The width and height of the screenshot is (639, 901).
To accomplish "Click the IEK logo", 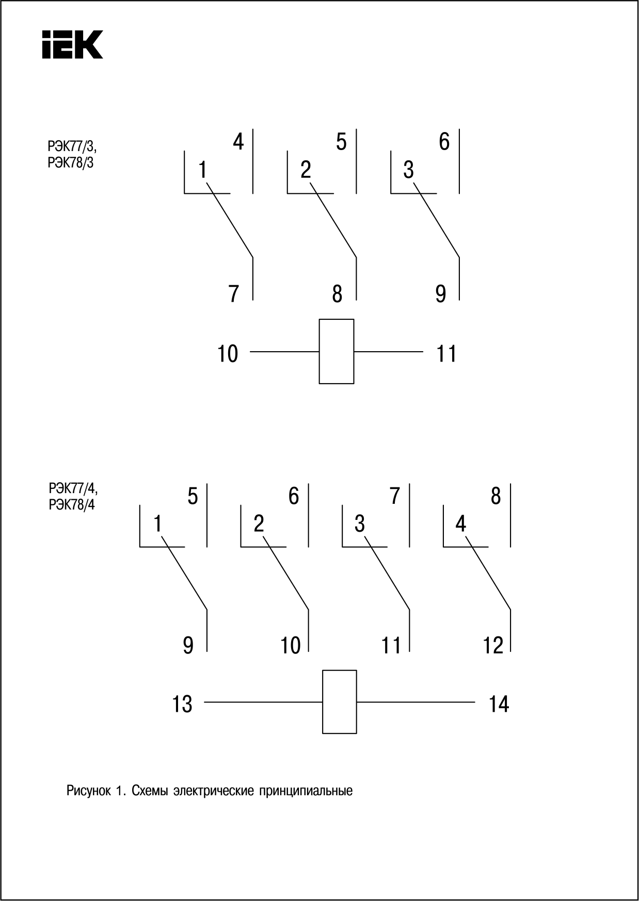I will click(x=72, y=44).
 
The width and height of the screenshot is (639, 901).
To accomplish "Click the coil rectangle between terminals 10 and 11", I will click(x=336, y=351).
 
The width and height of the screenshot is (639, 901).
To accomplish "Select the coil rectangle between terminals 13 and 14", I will click(x=339, y=701).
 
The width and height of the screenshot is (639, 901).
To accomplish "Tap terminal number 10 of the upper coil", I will click(x=227, y=354).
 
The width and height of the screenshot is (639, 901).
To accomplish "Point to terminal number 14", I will click(x=499, y=704).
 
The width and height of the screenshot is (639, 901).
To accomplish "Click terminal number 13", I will click(x=182, y=704).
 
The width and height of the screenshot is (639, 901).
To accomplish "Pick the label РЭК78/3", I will click(x=71, y=163).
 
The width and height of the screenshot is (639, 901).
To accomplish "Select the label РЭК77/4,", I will click(x=73, y=488).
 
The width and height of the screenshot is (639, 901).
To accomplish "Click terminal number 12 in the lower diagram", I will click(x=493, y=645).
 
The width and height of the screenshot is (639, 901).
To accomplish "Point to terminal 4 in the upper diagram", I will click(x=238, y=141).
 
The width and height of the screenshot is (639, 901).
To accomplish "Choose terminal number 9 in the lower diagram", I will click(x=188, y=645).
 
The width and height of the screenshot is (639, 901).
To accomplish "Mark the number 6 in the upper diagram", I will click(x=444, y=141).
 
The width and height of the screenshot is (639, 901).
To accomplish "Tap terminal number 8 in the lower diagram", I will click(x=496, y=496).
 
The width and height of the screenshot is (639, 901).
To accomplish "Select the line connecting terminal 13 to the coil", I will click(x=263, y=702).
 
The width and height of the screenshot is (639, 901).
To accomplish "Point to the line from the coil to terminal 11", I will click(x=388, y=352).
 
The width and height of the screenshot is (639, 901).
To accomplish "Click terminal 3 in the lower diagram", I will click(x=360, y=523).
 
